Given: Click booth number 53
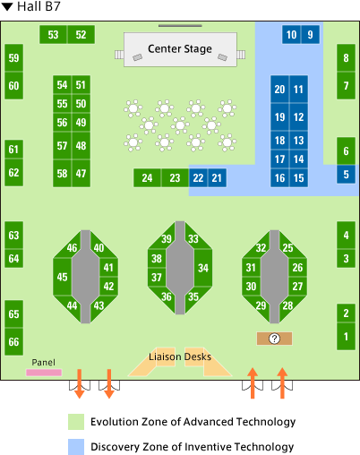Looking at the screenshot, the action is click(x=54, y=35).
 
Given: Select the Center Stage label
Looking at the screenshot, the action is click(x=180, y=48).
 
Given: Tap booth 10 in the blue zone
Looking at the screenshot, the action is click(x=291, y=35).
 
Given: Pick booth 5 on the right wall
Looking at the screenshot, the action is click(x=346, y=174).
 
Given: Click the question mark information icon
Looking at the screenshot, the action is click(x=274, y=339).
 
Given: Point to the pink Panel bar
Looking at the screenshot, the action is click(x=44, y=373).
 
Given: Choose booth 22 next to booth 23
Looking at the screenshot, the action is click(x=198, y=178).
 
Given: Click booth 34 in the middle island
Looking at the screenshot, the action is click(x=203, y=268).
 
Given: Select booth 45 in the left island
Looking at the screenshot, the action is click(x=62, y=277).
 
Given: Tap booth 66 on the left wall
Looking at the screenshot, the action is click(x=13, y=341).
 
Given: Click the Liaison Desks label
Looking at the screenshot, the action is click(x=180, y=356).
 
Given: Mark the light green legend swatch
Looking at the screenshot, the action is click(x=76, y=422).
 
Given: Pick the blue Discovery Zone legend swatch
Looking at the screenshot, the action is click(x=76, y=447).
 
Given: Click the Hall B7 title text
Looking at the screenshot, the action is click(x=39, y=6).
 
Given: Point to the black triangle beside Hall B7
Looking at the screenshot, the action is click(x=7, y=7).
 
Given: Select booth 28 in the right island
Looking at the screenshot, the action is click(x=288, y=305).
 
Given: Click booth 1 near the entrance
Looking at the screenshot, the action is click(x=346, y=337).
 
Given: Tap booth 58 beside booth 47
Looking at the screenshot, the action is click(x=62, y=174).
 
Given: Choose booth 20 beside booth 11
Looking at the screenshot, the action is click(x=279, y=90).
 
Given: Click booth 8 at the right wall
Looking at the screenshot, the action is click(x=346, y=57).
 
